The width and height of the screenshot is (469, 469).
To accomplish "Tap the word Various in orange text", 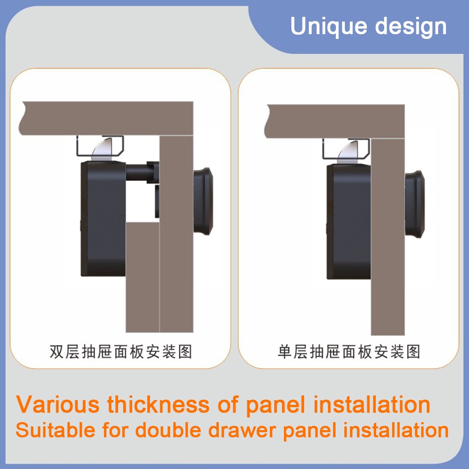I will [58, 404].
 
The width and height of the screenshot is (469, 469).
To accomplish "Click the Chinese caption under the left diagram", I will [121, 351].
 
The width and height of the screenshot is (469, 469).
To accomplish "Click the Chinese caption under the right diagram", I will [349, 351].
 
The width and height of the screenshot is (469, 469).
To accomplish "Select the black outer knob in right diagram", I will [415, 204].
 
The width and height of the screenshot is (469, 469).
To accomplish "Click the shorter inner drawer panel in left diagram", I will [142, 276].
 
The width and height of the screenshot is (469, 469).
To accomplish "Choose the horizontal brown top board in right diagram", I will [335, 121].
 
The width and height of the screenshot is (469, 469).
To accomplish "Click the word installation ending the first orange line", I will [372, 404].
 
